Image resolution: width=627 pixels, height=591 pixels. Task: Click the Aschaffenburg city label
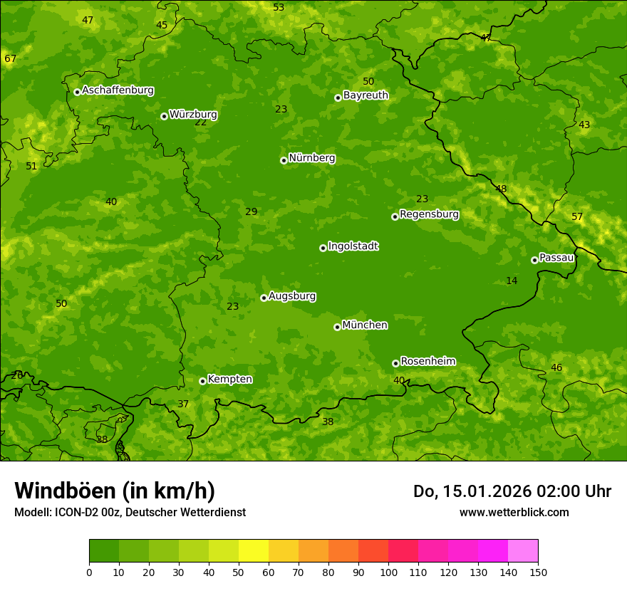118,90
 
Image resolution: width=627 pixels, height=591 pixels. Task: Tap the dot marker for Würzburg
164,116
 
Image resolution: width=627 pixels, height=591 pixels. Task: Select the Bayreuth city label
366,95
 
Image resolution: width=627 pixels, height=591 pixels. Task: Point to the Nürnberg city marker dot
284,160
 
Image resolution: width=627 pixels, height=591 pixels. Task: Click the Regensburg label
429,214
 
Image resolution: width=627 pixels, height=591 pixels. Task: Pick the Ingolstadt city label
353,246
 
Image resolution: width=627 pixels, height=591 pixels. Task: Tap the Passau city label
556,258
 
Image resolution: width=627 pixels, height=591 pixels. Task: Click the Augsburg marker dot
264,298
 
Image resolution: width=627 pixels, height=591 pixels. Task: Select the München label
365,325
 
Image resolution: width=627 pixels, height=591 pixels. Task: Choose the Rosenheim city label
427,362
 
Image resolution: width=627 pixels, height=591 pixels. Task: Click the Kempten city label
229,380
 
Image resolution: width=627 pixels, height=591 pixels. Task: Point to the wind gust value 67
10,58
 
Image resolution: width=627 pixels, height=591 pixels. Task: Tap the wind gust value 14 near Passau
512,281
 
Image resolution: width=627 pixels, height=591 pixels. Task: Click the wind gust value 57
577,216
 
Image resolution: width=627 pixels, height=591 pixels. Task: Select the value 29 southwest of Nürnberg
251,211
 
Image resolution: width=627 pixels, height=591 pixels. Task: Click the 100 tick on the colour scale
388,572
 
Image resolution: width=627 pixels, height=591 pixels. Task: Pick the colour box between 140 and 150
523,550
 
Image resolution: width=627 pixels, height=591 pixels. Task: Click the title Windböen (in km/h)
115,491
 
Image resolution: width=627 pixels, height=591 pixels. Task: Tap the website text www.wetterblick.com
514,512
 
